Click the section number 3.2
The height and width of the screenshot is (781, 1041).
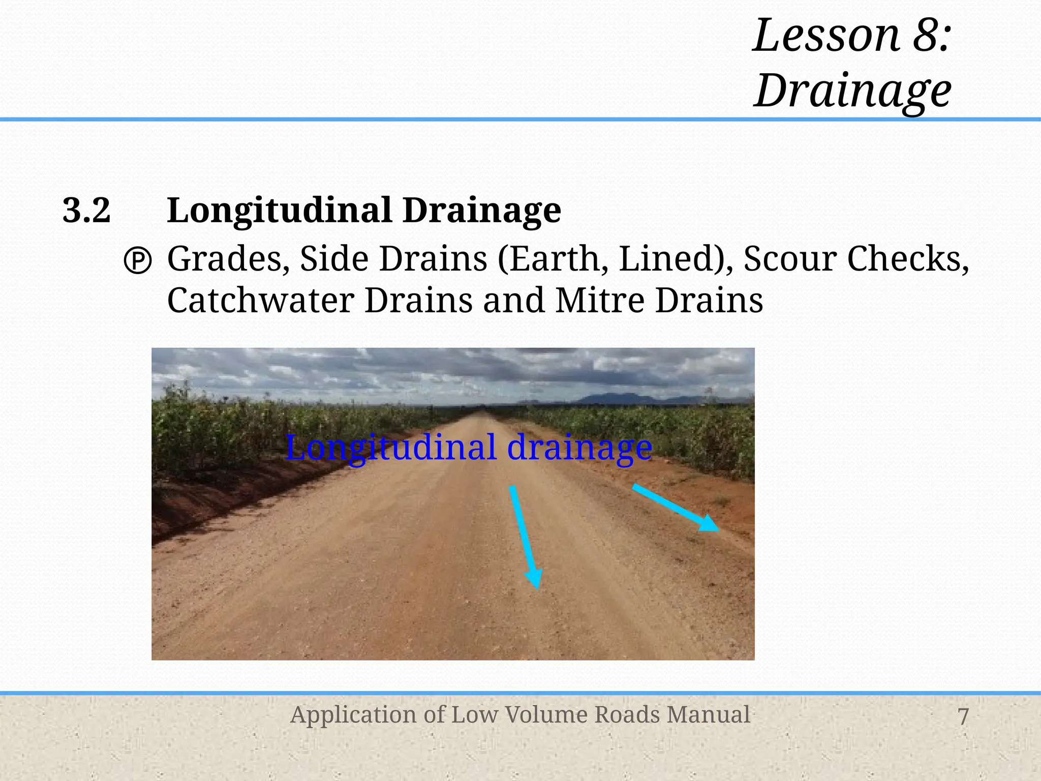pos(86,211)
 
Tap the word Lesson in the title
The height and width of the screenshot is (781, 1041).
pos(826,36)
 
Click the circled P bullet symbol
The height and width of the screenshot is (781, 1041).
pos(138,262)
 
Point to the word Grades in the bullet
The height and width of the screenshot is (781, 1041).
pos(225,259)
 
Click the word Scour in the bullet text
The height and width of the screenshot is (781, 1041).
pos(789,259)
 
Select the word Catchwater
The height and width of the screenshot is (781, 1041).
pos(260,301)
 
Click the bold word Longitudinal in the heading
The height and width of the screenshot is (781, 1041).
pos(280,211)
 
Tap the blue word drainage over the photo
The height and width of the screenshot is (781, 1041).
pos(579,448)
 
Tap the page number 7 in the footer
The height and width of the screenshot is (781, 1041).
pos(963,716)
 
